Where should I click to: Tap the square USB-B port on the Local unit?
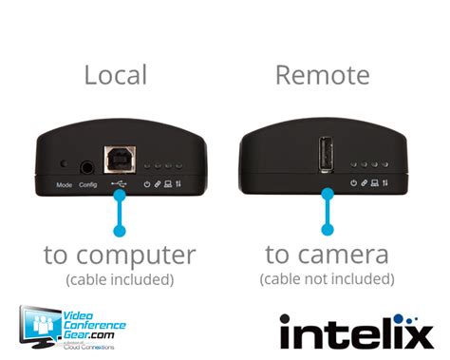(121, 161)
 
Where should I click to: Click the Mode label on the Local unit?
(65, 183)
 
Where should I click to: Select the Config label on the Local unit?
(87, 183)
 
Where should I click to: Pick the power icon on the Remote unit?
(353, 182)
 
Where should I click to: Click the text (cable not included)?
(327, 278)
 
